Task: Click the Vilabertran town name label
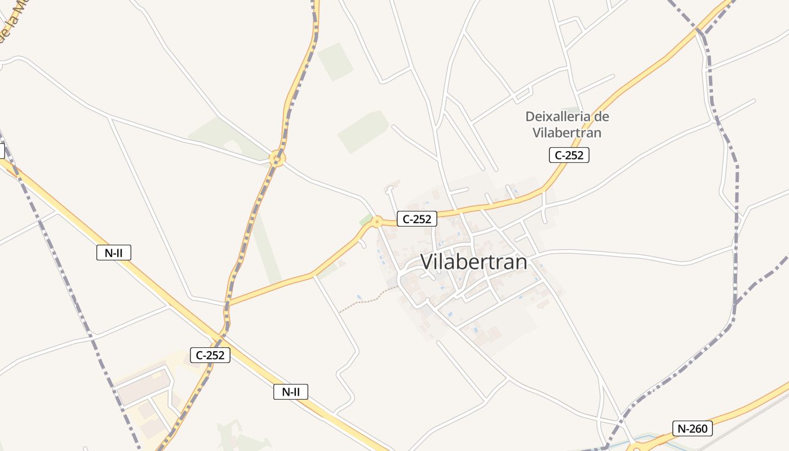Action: pos(473,262)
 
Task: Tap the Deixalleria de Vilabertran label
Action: pos(567,125)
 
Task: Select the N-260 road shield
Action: pos(693,428)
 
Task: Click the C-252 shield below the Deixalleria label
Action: pos(569,155)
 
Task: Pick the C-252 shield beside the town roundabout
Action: pos(417,219)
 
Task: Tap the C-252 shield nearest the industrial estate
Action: pos(210,355)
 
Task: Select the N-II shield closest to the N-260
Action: pos(291,392)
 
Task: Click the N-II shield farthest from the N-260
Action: pos(114,253)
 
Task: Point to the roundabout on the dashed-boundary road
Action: pos(277,158)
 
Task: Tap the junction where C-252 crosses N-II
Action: pos(221,337)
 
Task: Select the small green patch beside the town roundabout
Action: pos(365,219)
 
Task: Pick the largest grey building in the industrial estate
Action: pos(144,389)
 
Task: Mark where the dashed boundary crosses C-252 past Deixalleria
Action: pos(701,32)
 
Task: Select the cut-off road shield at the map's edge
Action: pos(2,151)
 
